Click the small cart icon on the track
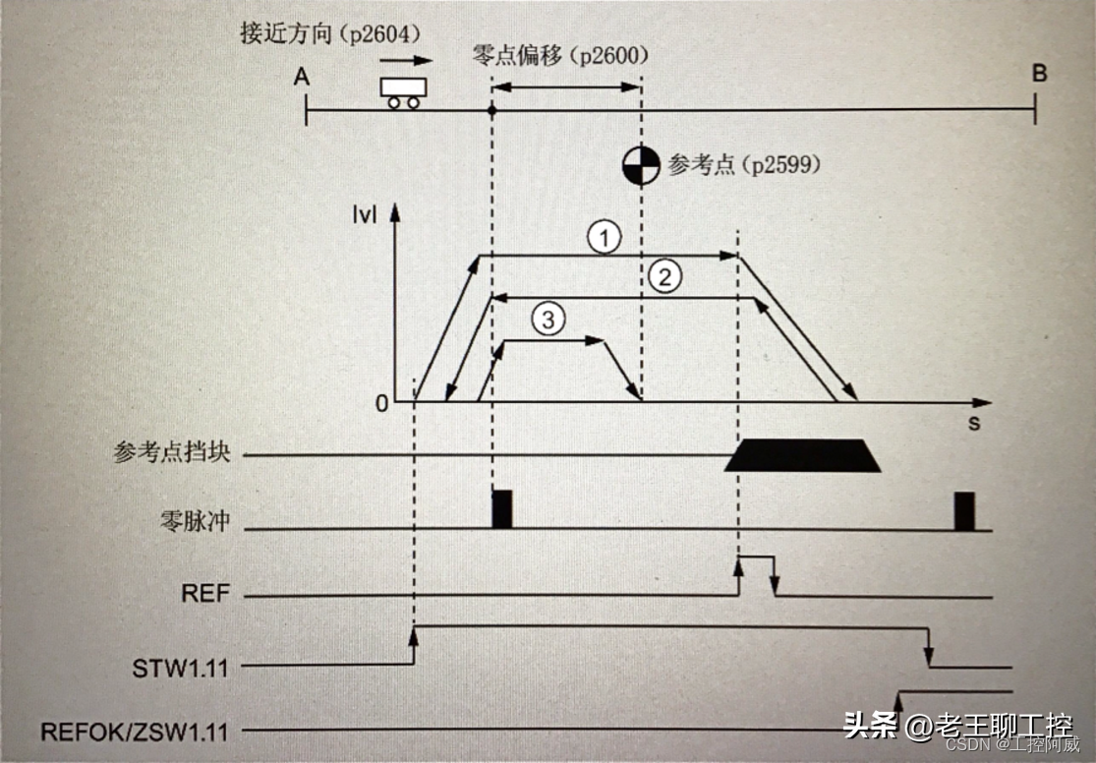click(x=402, y=91)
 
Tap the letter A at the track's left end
click(x=301, y=77)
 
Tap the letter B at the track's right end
click(x=1039, y=74)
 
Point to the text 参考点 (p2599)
click(x=743, y=165)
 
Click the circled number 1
click(x=606, y=237)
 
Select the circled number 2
click(x=665, y=277)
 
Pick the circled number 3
click(x=548, y=319)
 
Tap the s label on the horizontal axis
click(x=973, y=423)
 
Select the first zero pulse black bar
click(x=502, y=508)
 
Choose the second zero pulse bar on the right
click(x=963, y=510)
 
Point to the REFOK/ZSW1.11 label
click(x=135, y=733)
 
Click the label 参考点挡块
click(x=171, y=454)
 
